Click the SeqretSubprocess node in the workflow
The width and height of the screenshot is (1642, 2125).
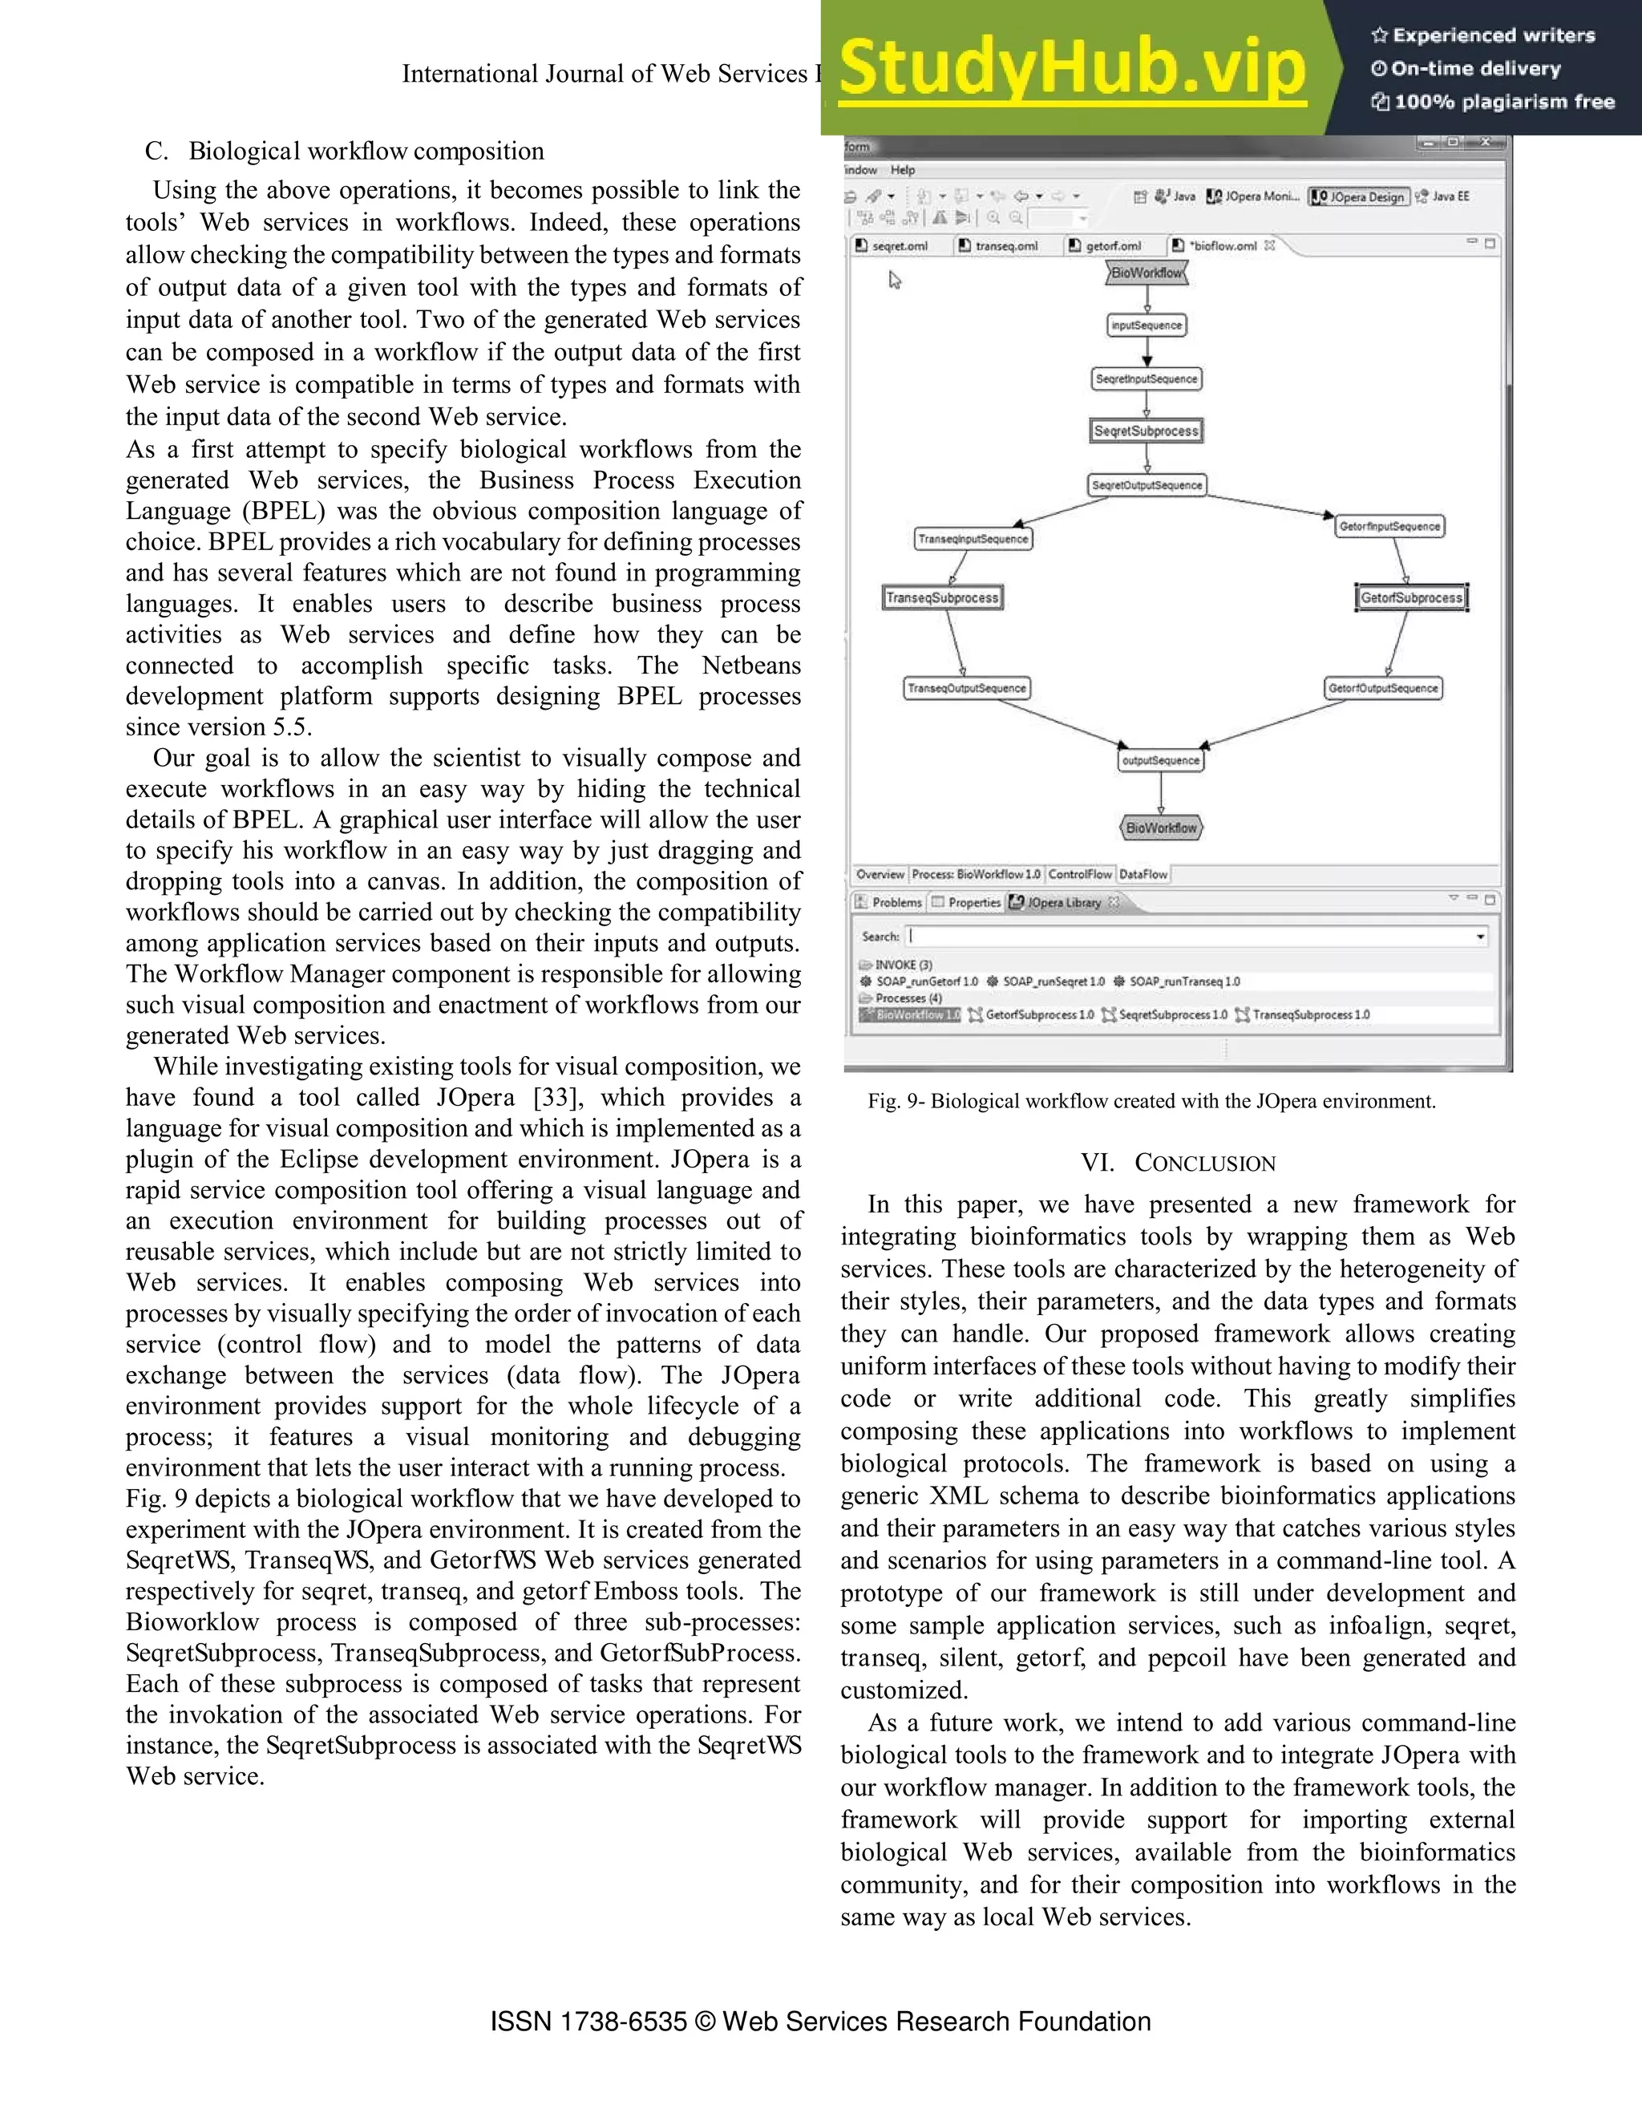coord(1146,431)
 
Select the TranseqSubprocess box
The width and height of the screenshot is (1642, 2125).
coord(943,597)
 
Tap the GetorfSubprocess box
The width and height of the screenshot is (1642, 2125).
coord(1410,597)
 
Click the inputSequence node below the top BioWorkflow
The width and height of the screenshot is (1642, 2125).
coord(1147,326)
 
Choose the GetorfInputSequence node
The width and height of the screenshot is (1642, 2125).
coord(1389,526)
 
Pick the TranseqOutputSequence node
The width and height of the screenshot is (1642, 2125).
coord(966,688)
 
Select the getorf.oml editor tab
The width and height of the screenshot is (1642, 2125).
coord(1112,246)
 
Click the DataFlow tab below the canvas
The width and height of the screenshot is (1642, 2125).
coord(1143,875)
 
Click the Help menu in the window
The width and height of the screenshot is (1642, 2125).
coord(903,170)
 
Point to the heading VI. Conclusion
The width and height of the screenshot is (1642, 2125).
coord(1177,1163)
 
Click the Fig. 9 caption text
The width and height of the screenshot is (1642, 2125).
coord(1152,1102)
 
